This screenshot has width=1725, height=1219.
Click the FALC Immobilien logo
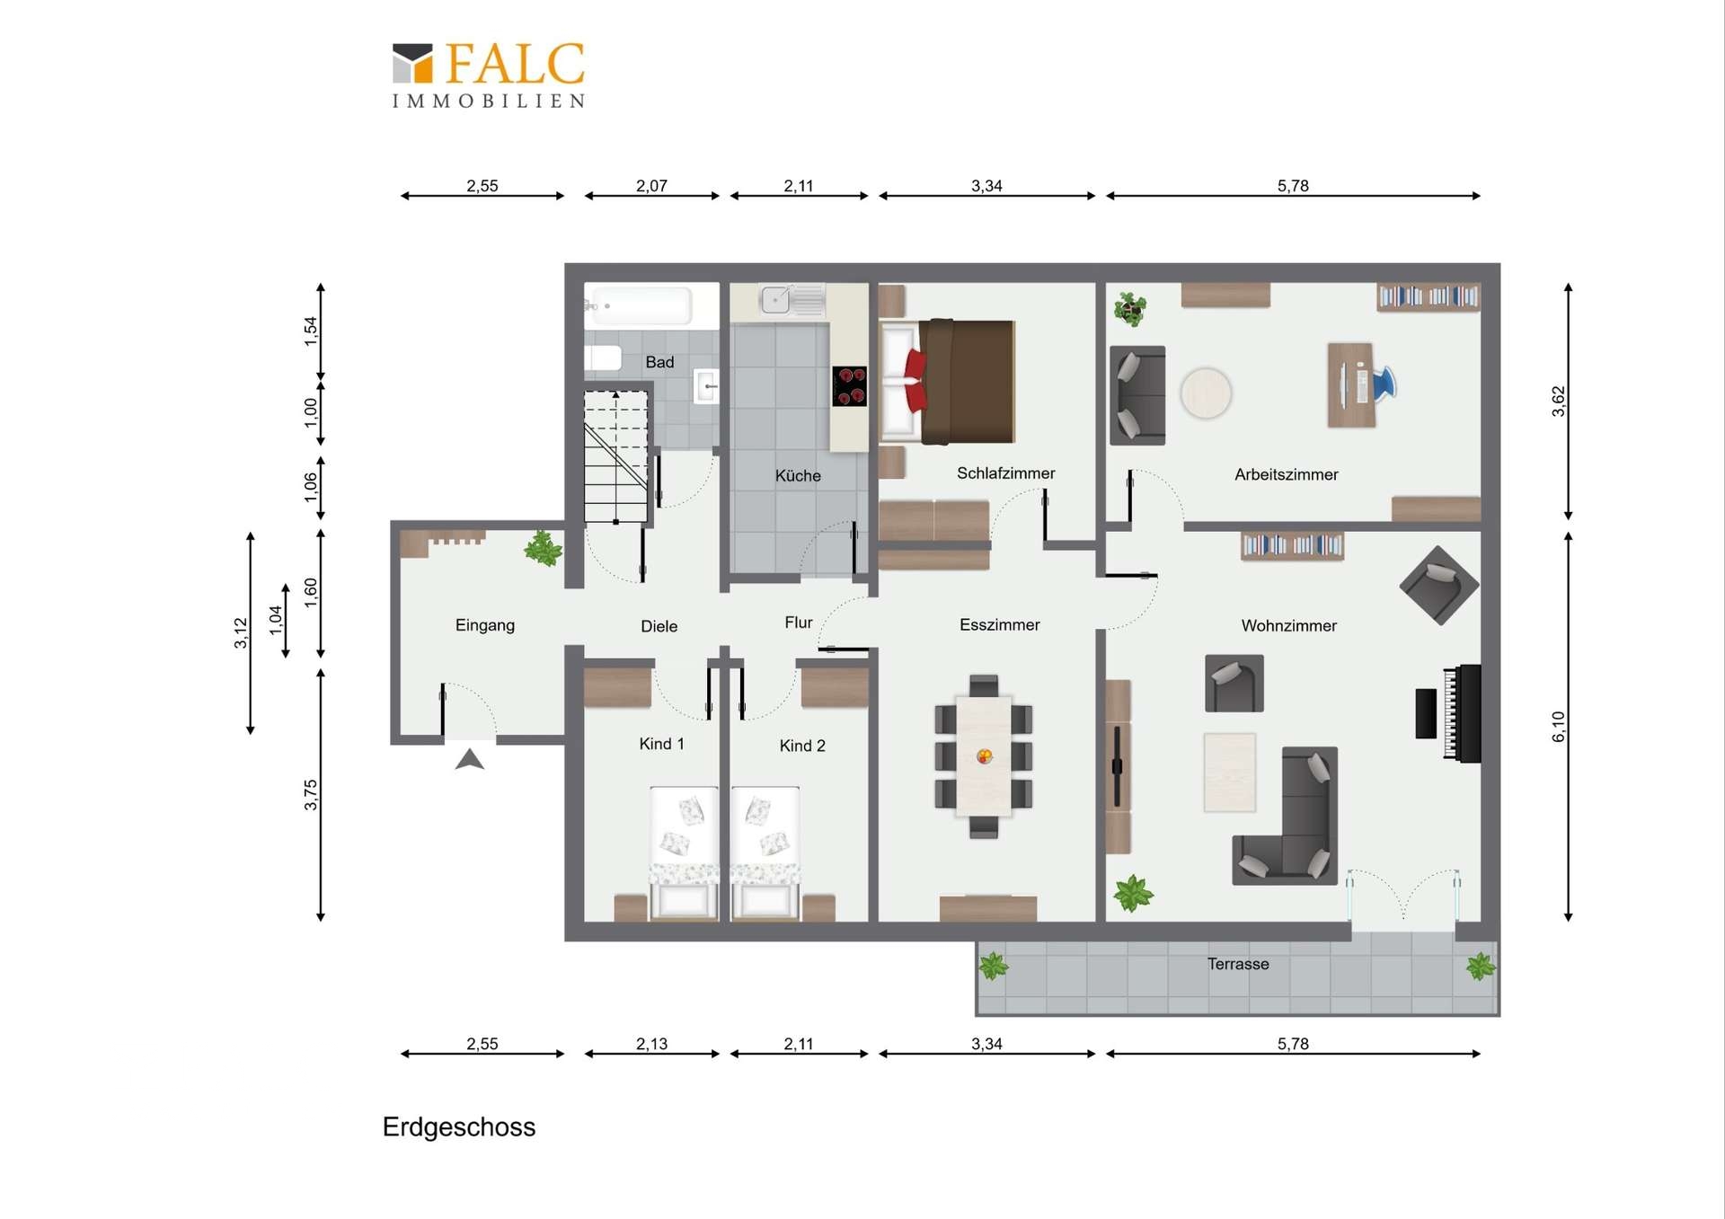[489, 75]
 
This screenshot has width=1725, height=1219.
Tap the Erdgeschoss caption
[459, 1127]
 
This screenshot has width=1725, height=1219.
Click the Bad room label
[659, 362]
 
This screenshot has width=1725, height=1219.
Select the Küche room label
[798, 475]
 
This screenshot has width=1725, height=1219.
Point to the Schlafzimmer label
[1005, 473]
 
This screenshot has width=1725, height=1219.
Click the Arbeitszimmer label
[1286, 474]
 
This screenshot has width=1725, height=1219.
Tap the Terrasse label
[1238, 964]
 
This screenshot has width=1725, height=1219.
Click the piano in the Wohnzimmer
[1449, 713]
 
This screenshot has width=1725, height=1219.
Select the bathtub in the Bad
[640, 306]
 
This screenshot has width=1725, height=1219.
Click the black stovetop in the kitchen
[849, 386]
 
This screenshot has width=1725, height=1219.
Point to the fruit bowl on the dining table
[985, 756]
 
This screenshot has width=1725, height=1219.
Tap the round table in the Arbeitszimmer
[1206, 393]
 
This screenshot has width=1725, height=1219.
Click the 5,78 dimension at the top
[1293, 186]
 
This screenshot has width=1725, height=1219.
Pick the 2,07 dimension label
[651, 186]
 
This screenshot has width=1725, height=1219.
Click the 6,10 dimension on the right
[1559, 726]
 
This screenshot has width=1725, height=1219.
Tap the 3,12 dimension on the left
[240, 632]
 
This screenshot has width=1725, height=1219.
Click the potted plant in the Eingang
[544, 548]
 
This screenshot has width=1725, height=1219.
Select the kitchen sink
[775, 299]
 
